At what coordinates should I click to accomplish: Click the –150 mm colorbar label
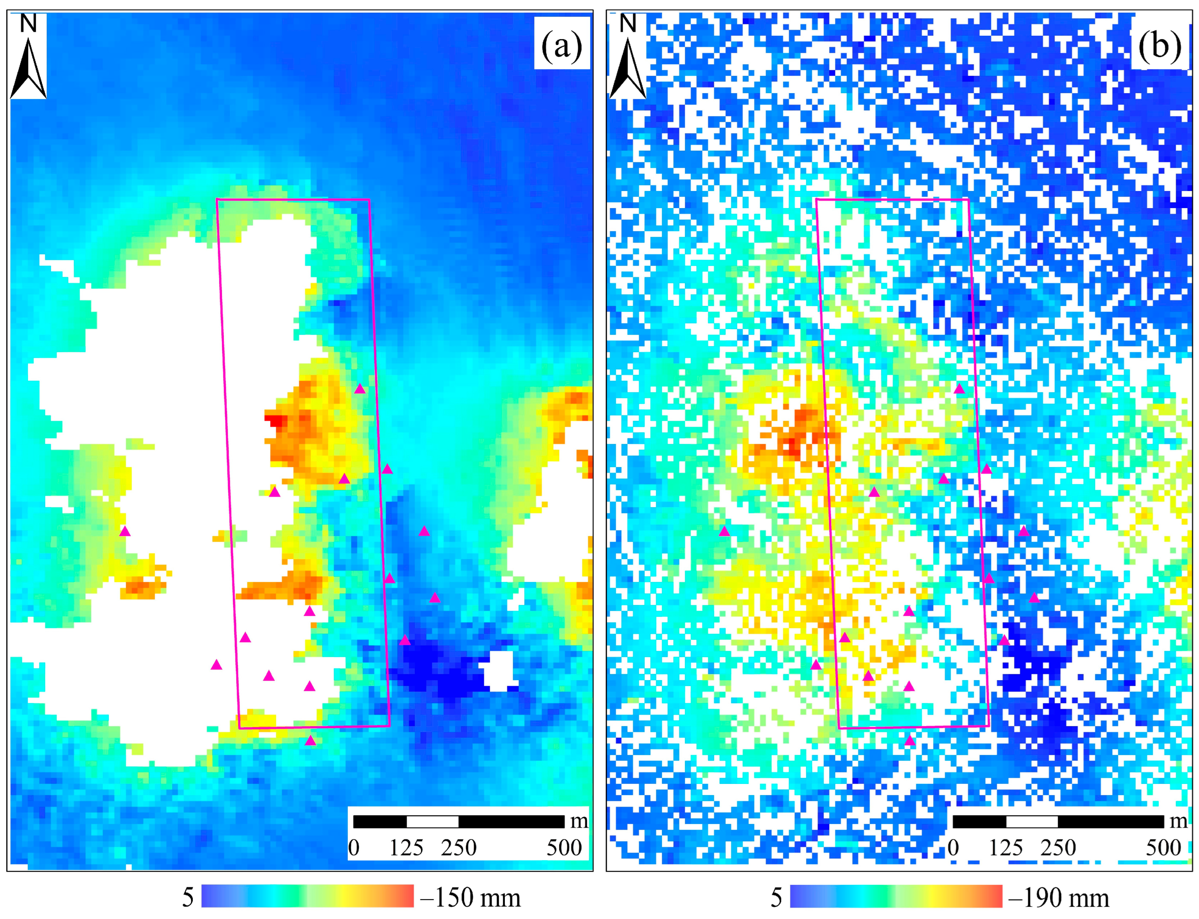coord(470,898)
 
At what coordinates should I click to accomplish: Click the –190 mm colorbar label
coord(1059,898)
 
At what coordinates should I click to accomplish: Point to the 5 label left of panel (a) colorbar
coord(187,898)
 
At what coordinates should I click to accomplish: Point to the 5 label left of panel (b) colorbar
coord(776,898)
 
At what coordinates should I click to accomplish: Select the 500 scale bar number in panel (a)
coord(564,848)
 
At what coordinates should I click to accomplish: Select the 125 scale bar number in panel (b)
coord(1006,848)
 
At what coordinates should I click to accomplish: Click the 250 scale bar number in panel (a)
coord(459,848)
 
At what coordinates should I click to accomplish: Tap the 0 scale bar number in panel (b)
coord(953,848)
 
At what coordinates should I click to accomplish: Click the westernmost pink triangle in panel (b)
coord(724,531)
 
